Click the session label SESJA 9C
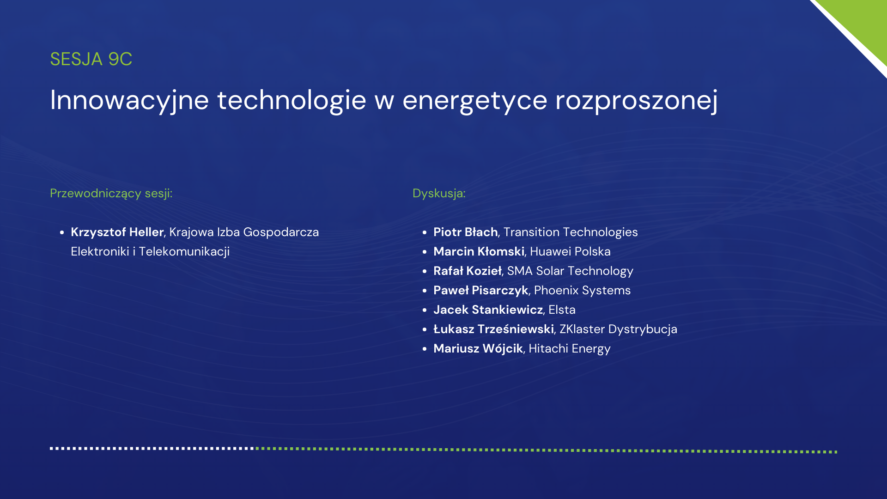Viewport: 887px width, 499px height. tap(91, 59)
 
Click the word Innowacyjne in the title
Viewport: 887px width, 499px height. tap(129, 100)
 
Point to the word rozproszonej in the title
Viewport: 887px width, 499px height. tap(637, 100)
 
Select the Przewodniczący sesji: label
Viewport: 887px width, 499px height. tap(111, 194)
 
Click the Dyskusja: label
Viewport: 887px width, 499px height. tap(439, 194)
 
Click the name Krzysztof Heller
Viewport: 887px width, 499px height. tap(117, 232)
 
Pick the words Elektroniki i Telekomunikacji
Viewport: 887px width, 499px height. tap(150, 251)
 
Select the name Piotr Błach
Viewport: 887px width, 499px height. tap(466, 232)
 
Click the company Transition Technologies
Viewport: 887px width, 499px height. tap(571, 232)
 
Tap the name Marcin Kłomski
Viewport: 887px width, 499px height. tap(479, 251)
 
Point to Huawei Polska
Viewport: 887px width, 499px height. tap(571, 251)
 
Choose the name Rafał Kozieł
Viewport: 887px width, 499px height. tap(468, 271)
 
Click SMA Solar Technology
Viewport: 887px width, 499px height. tap(570, 271)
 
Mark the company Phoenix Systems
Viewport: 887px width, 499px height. tap(582, 291)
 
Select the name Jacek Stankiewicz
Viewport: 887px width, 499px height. tap(488, 310)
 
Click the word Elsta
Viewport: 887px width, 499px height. tap(562, 310)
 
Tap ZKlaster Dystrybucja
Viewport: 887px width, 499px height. tap(618, 329)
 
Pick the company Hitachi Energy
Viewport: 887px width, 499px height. tap(570, 349)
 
